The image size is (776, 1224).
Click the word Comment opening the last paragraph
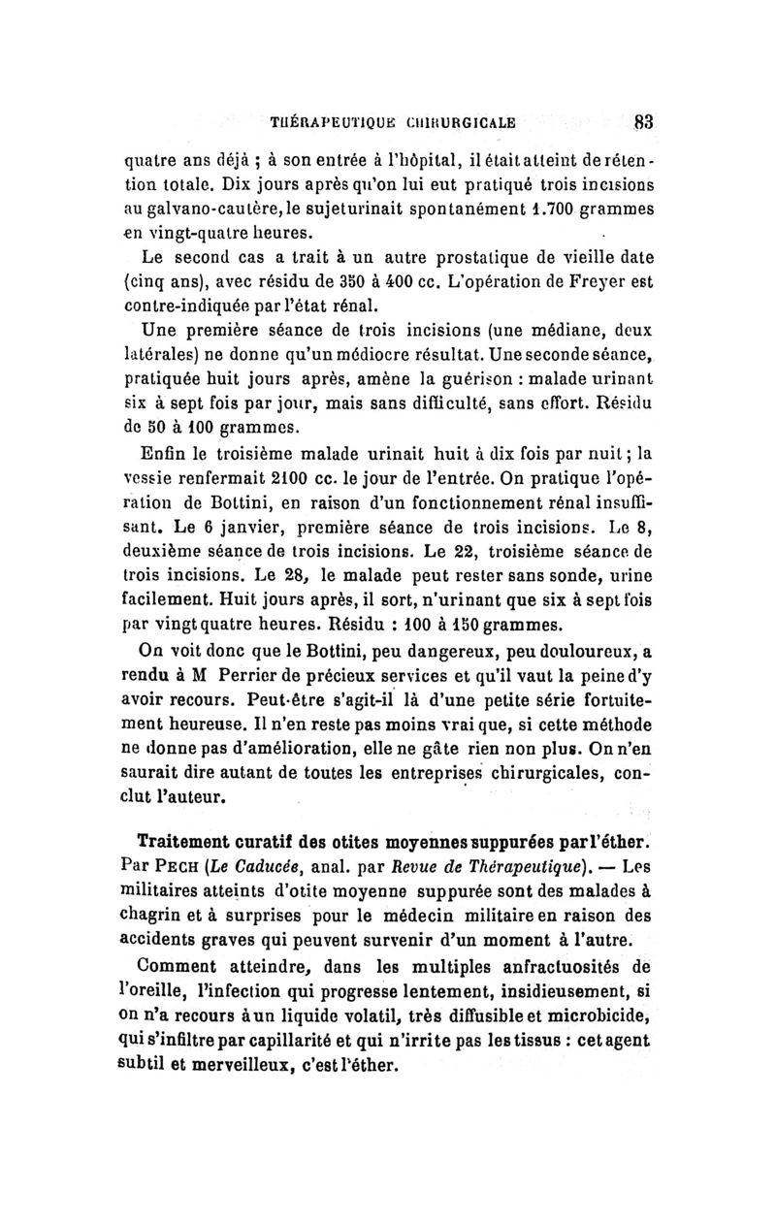point(182,985)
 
